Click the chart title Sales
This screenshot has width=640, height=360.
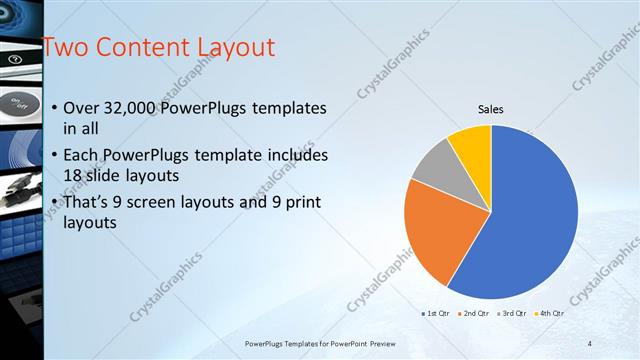(x=490, y=109)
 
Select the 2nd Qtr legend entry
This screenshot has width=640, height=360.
(x=475, y=313)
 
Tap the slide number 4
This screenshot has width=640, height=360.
(x=590, y=343)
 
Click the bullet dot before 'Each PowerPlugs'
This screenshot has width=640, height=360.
(x=53, y=156)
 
